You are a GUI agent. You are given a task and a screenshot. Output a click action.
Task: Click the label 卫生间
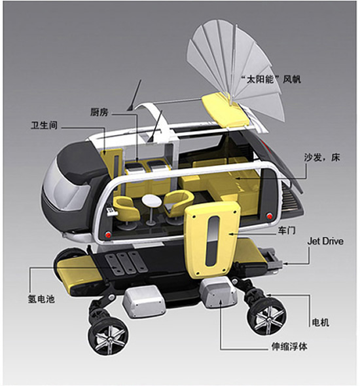coord(44,125)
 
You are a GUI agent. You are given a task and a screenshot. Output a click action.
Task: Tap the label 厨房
coord(99,112)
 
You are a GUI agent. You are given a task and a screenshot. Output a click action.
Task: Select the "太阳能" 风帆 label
coord(271,79)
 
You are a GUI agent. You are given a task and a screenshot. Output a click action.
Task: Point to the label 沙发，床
coord(322,157)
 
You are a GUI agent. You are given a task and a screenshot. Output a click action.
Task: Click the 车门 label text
coord(287,231)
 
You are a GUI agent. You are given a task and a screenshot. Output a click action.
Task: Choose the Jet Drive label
coord(325,241)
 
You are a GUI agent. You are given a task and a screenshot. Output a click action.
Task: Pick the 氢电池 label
coord(41,299)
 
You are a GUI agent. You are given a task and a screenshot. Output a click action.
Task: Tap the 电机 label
coord(321,322)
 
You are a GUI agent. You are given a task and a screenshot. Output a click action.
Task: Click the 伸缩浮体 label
coord(289,347)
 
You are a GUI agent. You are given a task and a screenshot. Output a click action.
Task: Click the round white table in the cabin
coord(151,201)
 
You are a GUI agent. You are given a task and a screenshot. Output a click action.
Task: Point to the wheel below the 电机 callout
coord(267,318)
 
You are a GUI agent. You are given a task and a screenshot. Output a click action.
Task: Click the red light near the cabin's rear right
coord(270,216)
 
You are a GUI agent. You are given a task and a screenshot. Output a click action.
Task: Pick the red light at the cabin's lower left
coord(108,235)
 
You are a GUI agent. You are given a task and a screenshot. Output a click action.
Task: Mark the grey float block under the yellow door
coord(218,293)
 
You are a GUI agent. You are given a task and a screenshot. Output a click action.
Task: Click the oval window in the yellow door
coord(213,241)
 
